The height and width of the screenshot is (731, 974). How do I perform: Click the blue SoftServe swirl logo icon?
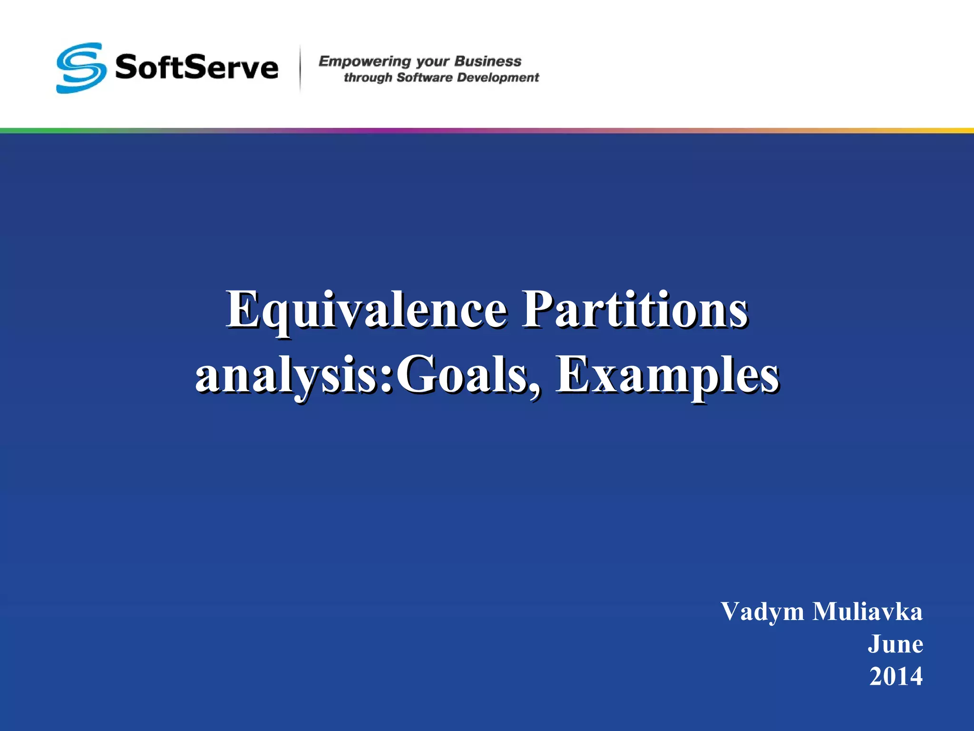coord(81,68)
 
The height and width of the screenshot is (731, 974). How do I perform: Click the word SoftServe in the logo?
coord(196,68)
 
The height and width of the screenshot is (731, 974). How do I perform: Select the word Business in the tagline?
coord(488,61)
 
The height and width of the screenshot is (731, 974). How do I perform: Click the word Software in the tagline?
coord(424,78)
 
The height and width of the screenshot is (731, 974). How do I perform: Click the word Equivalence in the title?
coord(366,311)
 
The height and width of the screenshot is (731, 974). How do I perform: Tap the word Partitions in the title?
coord(635,311)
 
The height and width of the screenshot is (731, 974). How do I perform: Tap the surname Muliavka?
coord(867,612)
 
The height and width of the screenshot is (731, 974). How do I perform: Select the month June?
coord(895,644)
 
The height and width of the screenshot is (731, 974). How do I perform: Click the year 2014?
coord(896,676)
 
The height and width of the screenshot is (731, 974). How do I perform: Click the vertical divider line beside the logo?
coord(300,68)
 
